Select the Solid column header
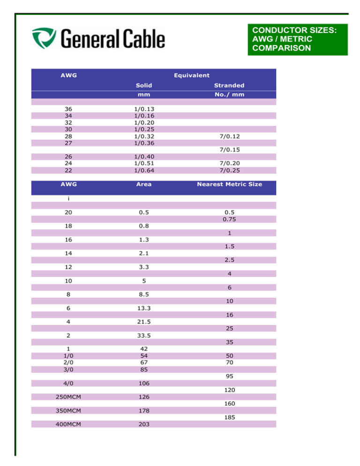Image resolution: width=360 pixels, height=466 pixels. [143, 85]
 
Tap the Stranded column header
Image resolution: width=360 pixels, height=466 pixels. [229, 85]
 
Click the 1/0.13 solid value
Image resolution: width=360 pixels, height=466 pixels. [144, 109]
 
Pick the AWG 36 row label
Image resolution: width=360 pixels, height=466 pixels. [68, 109]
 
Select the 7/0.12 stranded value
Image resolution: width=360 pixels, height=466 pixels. [229, 136]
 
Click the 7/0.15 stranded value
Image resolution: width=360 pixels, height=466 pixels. [229, 150]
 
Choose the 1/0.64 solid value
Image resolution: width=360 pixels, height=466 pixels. [144, 170]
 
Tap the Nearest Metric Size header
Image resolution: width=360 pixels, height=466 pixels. [229, 184]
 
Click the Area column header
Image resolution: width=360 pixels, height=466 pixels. [143, 184]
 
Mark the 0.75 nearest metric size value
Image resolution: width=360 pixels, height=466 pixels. [229, 219]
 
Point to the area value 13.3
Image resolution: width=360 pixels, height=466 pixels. [143, 308]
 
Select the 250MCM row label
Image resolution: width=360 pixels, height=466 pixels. [68, 397]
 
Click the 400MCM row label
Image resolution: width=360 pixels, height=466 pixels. [68, 424]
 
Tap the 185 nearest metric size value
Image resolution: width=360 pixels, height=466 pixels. [229, 417]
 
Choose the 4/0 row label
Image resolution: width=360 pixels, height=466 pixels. [68, 383]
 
